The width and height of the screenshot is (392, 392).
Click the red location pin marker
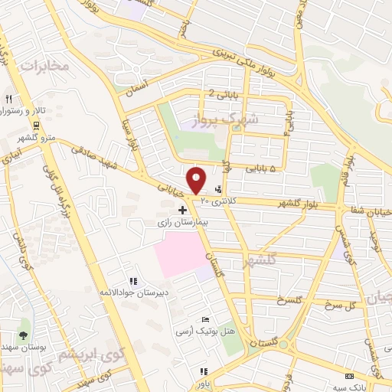point(197,180)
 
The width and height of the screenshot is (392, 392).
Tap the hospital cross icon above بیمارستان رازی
point(182,209)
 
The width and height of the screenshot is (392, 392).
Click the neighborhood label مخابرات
point(44,66)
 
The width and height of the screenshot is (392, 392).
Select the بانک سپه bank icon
point(350,376)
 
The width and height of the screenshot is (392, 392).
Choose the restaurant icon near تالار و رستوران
point(8,99)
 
